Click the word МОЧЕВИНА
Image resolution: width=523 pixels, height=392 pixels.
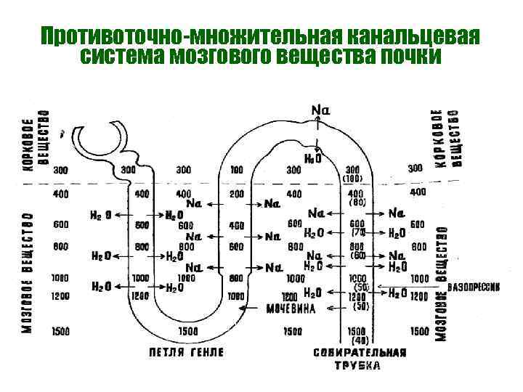[290, 309]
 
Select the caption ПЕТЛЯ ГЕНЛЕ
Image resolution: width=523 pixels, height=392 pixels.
[187, 352]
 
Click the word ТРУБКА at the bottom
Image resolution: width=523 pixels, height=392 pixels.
[357, 365]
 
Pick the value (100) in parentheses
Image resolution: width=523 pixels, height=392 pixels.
[352, 178]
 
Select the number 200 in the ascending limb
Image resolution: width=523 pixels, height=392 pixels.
[236, 195]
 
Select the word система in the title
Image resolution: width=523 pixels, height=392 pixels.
[121, 56]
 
